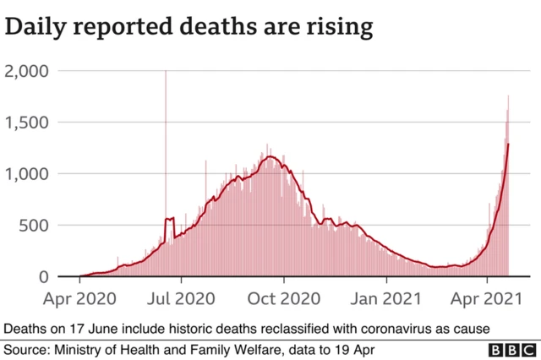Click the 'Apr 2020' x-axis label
click(79, 298)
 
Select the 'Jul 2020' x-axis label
click(182, 298)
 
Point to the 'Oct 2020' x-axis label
click(284, 298)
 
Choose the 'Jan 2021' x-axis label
click(386, 298)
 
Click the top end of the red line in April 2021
click(508, 145)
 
